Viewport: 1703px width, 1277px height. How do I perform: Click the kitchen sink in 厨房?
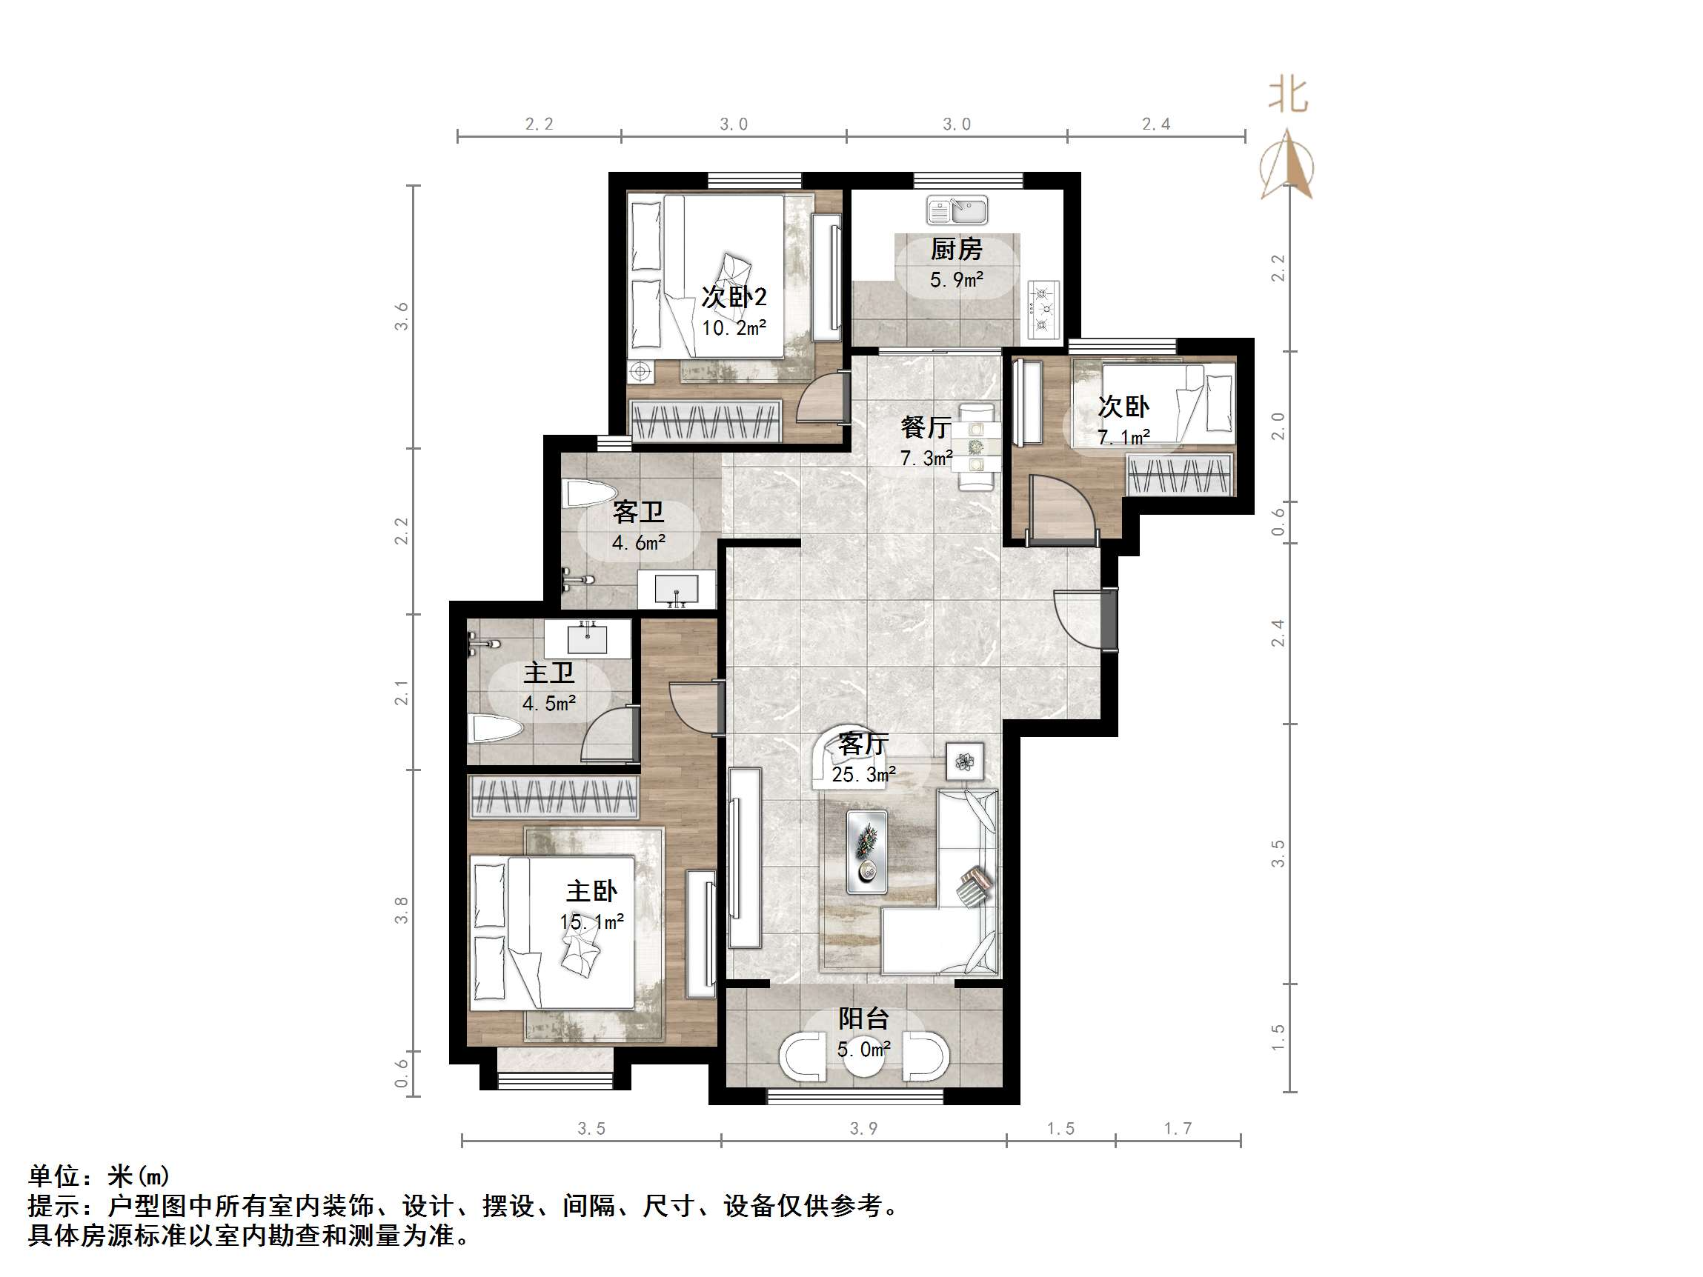[957, 210]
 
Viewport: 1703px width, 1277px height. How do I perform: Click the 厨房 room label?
[956, 249]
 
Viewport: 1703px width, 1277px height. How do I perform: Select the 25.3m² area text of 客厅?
[864, 774]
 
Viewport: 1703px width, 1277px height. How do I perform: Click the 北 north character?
[1288, 96]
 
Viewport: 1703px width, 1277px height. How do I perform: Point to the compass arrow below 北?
[1287, 165]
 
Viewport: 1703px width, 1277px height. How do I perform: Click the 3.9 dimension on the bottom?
[863, 1128]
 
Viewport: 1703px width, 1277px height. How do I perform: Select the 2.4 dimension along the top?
[1155, 124]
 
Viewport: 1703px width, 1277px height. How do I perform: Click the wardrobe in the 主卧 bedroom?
[554, 797]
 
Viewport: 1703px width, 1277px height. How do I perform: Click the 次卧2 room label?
[734, 297]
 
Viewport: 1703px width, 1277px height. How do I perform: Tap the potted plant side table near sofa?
[965, 762]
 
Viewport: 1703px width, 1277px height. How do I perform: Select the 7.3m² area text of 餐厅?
[926, 459]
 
